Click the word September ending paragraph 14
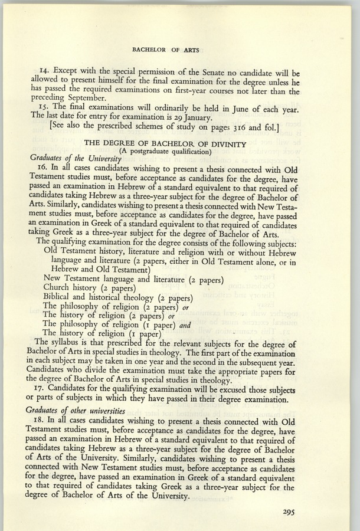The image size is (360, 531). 77,99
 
